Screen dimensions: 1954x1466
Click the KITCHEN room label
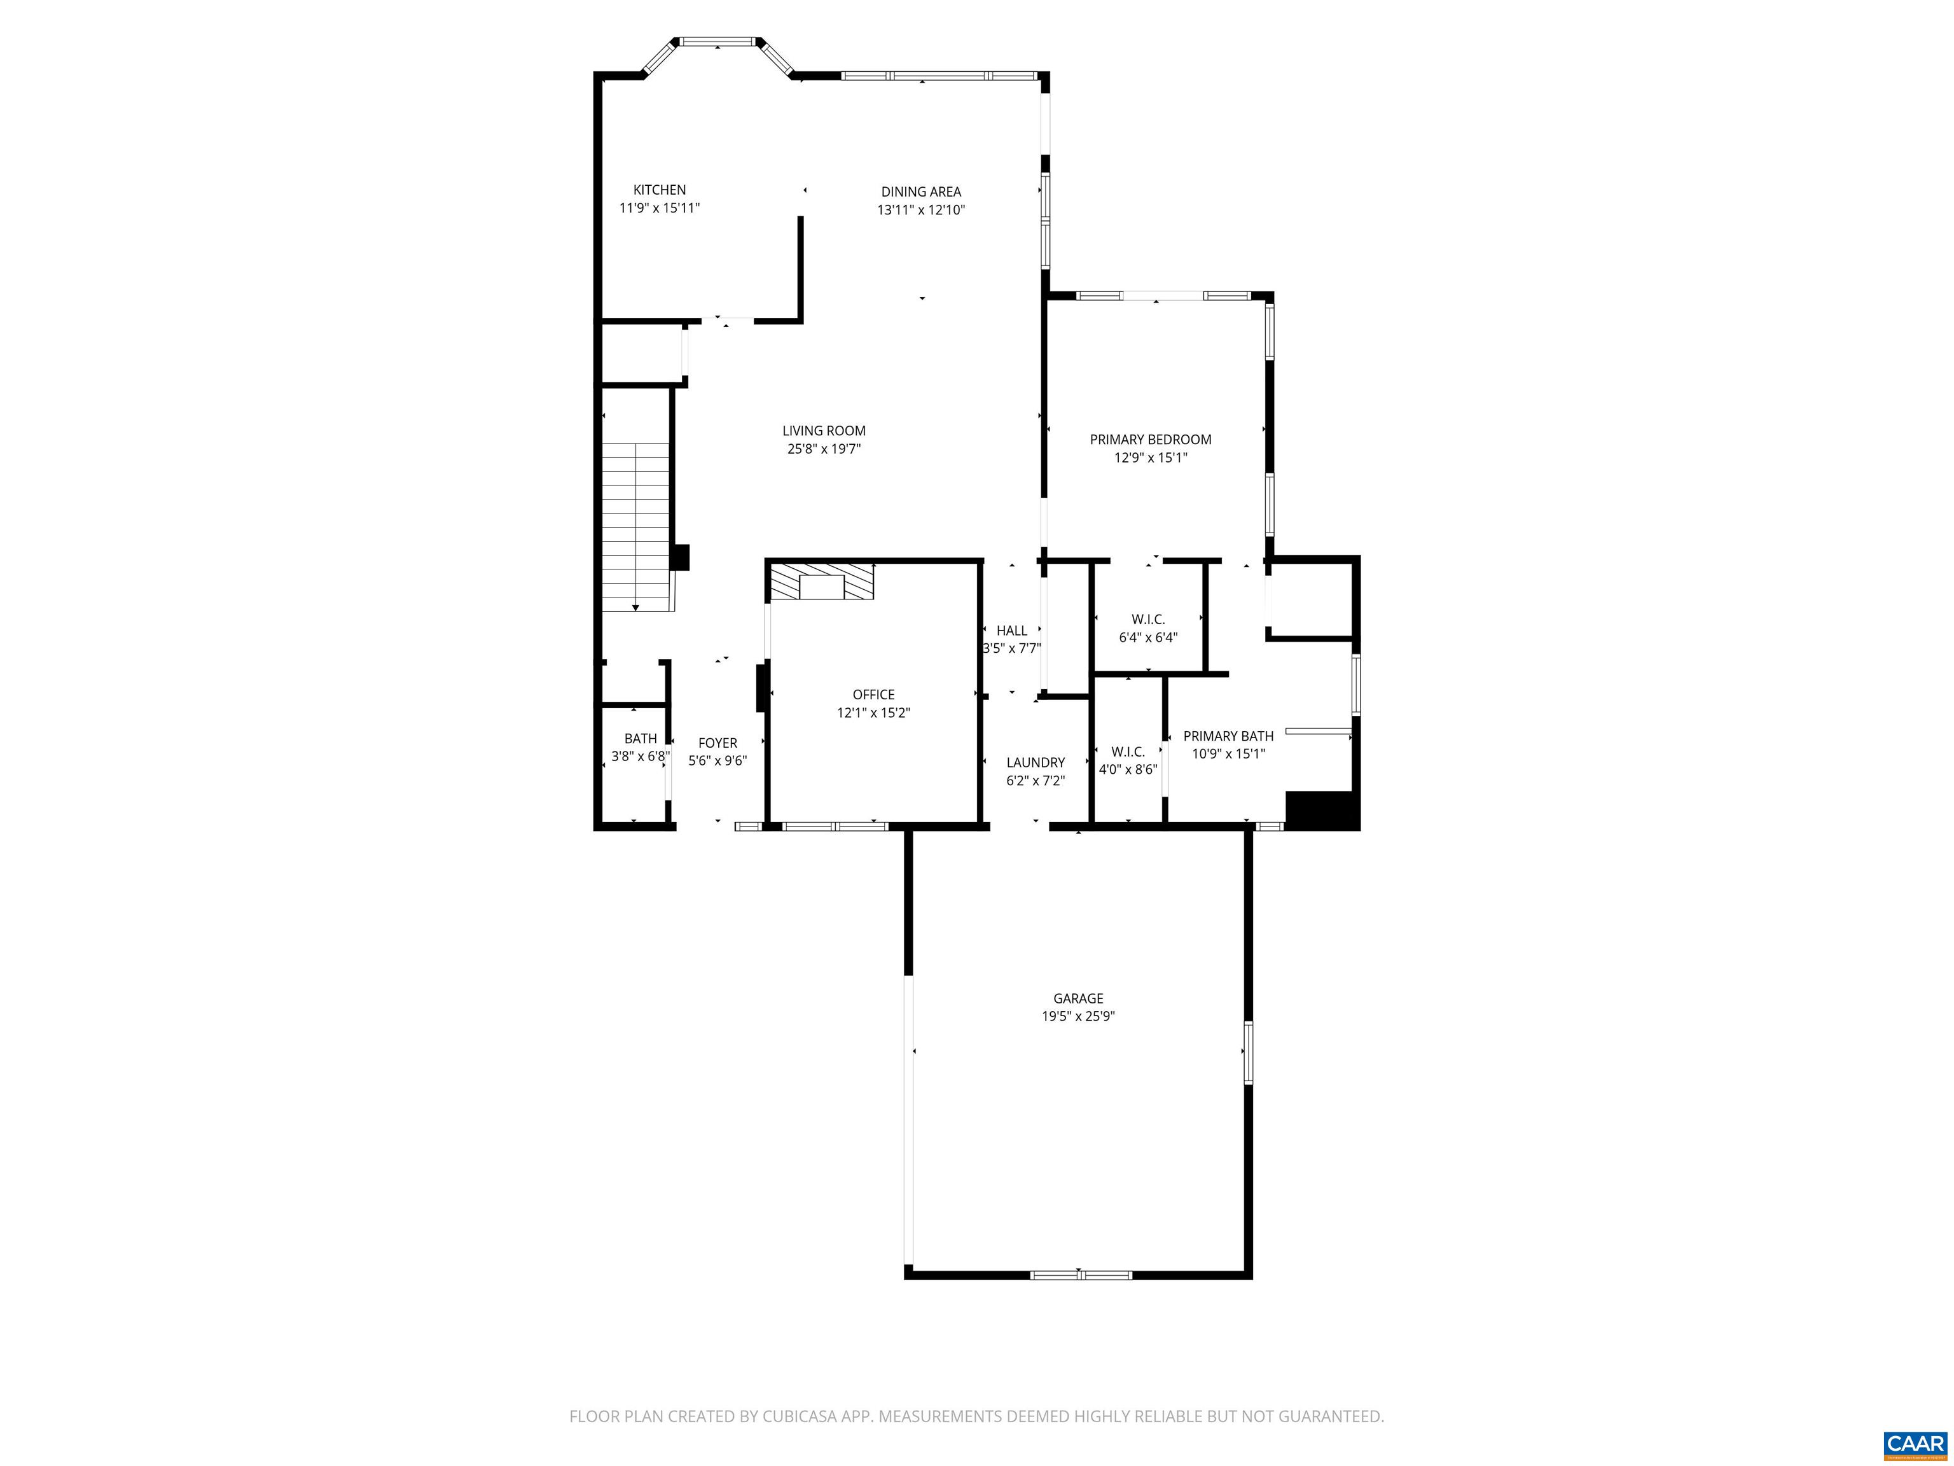coord(659,190)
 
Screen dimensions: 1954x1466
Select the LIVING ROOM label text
coord(823,431)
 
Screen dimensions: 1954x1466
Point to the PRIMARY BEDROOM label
coord(1150,439)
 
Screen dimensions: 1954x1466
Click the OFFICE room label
coord(874,695)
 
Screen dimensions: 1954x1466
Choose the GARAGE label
coord(1077,998)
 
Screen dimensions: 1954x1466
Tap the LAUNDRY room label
coord(1036,763)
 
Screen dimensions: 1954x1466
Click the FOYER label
coord(717,743)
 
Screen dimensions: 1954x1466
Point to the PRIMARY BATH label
coord(1228,736)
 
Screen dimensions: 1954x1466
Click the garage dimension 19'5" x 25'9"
coord(1077,1016)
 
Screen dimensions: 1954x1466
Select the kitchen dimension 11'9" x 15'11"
coord(659,207)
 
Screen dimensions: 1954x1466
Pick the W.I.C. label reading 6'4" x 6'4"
coord(1147,628)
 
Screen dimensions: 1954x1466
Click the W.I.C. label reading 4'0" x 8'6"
coord(1127,760)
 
